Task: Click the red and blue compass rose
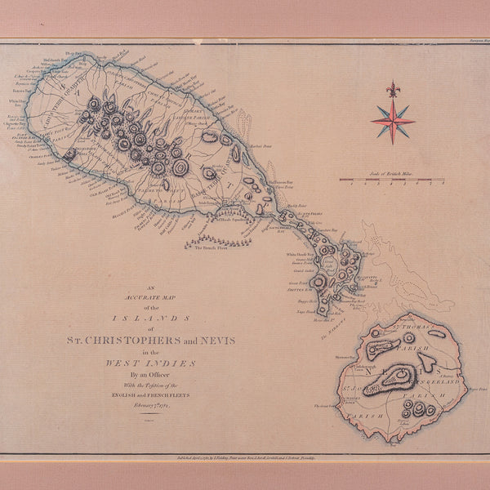pos(393,120)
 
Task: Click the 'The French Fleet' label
pos(210,247)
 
